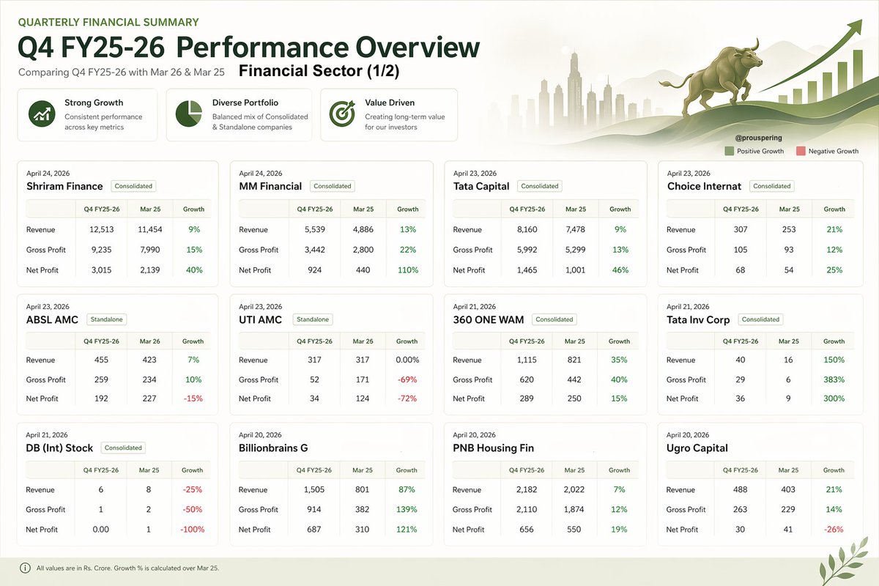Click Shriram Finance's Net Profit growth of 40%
tap(193, 270)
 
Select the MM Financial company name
tap(270, 186)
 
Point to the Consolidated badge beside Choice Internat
tap(771, 186)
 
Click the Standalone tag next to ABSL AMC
tap(106, 319)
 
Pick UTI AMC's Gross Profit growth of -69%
tap(407, 379)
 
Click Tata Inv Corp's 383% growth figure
tap(834, 379)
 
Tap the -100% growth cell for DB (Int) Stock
tap(193, 529)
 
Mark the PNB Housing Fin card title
tap(494, 448)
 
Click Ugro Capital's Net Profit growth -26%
tap(834, 529)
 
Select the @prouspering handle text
tap(757, 137)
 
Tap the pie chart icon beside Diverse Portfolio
tap(189, 114)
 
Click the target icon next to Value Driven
tap(341, 114)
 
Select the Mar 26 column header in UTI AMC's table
tap(363, 341)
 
